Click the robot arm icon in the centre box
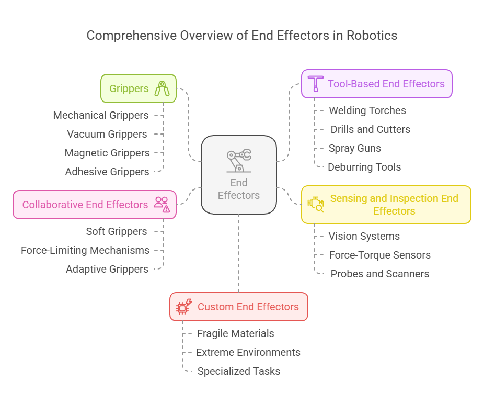tap(239, 161)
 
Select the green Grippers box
tap(138, 88)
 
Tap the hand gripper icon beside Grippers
tap(162, 88)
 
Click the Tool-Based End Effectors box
tap(376, 84)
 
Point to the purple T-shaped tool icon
tap(315, 84)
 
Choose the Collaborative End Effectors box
tap(94, 205)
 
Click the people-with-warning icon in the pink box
tap(162, 205)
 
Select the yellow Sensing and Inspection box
tap(386, 205)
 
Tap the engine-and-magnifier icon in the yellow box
tap(316, 205)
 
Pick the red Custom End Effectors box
tap(239, 307)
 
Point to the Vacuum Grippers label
tap(107, 134)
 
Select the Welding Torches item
tap(367, 110)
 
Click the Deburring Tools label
tap(364, 167)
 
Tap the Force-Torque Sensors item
tap(379, 255)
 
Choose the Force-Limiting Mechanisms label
tap(85, 250)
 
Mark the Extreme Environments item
tap(248, 352)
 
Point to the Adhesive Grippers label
tap(107, 172)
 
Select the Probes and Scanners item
tap(379, 274)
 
